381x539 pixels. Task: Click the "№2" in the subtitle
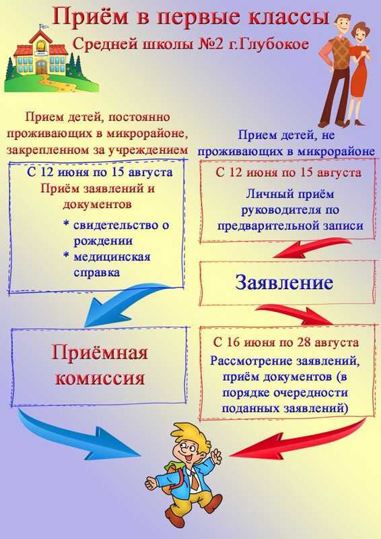[210, 44]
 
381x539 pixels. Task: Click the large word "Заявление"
[284, 282]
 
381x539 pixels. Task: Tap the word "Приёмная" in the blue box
[100, 353]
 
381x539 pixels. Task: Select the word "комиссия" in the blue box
[100, 378]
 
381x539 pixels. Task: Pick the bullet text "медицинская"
[112, 257]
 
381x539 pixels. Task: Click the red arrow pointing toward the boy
[298, 442]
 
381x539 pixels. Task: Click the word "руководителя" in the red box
[290, 210]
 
